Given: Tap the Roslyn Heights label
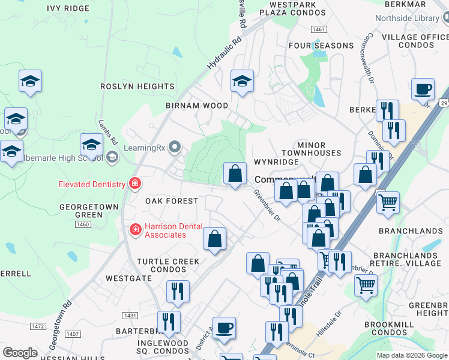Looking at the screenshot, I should (x=137, y=86).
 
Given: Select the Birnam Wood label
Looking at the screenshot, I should (x=197, y=106).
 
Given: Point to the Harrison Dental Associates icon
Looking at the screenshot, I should (x=135, y=229).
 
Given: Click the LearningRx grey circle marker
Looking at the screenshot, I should (x=175, y=146).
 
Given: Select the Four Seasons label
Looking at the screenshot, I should (x=321, y=46).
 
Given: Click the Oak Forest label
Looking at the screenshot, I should (x=172, y=201).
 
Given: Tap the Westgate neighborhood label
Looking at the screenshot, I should (x=128, y=278).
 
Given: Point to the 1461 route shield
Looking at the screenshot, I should (x=319, y=29).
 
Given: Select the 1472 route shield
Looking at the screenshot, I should (x=38, y=326).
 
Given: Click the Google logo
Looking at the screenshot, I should (x=20, y=353).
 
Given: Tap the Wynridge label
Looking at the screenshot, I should (x=276, y=162).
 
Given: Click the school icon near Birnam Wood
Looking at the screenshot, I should (x=242, y=81).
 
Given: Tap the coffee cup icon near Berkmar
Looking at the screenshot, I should (x=423, y=89).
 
